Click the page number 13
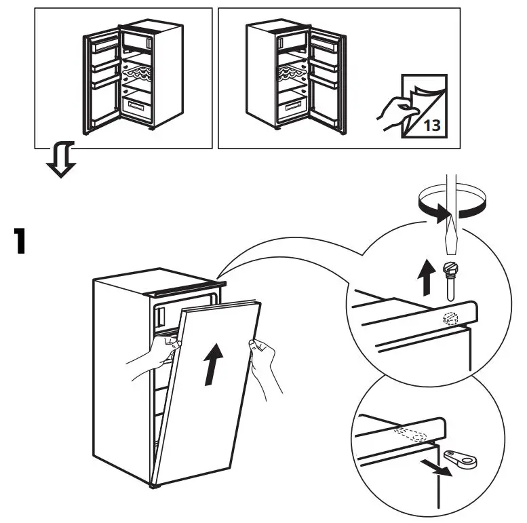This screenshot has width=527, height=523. [x=431, y=124]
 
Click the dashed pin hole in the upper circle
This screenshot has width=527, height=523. [x=448, y=318]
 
